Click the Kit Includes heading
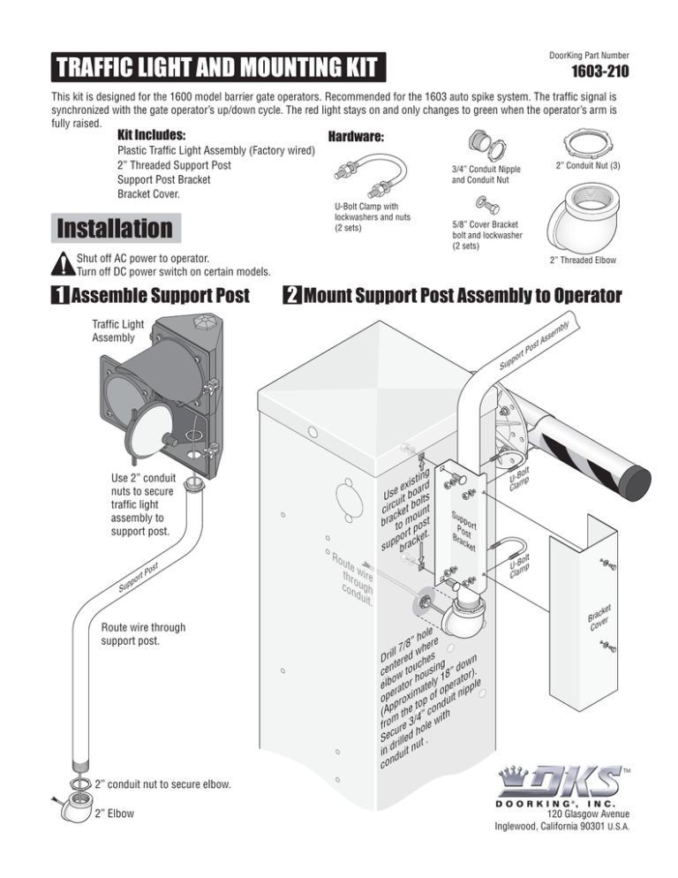(151, 136)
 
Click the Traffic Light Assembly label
(114, 330)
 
